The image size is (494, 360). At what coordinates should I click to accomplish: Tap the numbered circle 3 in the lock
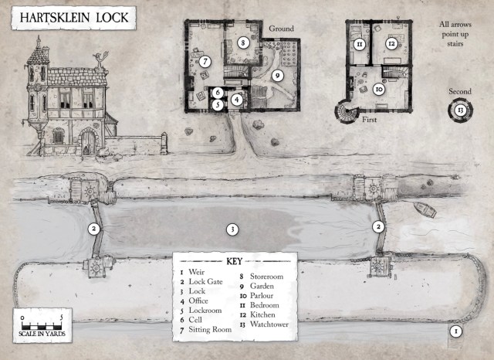point(230,229)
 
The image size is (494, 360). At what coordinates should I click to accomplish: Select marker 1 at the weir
point(455,331)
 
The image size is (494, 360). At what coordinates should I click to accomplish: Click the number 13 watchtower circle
point(460,110)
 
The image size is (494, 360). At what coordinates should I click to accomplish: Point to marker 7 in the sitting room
point(205,61)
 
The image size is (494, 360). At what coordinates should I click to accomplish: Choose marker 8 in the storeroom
point(242,44)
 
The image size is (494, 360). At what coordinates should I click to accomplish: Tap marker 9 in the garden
point(276,76)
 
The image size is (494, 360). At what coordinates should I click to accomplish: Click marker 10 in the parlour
point(378,90)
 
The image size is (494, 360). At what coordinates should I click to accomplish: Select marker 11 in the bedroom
point(359,45)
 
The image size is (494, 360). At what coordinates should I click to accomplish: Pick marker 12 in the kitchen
point(392,44)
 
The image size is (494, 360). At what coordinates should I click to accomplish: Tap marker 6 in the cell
point(218,93)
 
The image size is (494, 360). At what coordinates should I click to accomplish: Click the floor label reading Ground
point(282,29)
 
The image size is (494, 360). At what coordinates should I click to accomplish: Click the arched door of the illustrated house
point(88,141)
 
